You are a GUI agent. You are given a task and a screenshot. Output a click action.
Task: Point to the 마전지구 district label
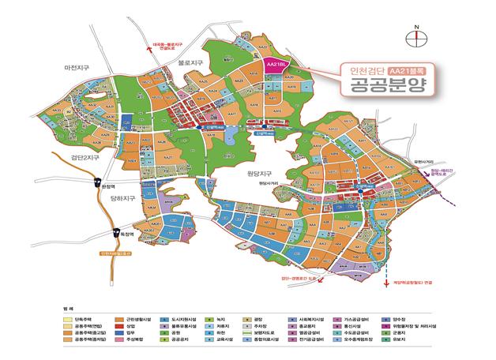click(81, 69)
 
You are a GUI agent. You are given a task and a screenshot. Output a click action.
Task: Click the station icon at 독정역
click(117, 231)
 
